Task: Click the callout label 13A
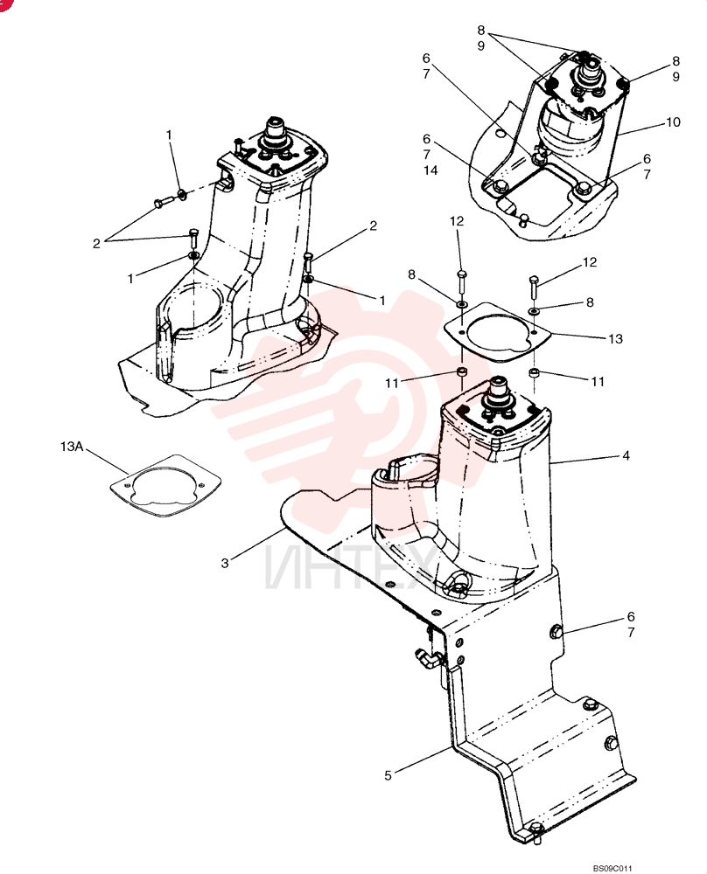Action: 71,447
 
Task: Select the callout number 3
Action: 225,563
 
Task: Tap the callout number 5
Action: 388,775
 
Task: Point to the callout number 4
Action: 626,455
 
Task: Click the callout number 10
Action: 674,122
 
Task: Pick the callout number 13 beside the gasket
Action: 615,339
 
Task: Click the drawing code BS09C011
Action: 612,868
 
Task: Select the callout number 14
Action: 430,170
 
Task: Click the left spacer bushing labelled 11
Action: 462,372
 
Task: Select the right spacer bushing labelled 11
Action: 534,372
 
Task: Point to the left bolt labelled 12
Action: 461,284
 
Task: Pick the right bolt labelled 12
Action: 534,288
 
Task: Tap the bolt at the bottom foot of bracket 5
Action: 536,830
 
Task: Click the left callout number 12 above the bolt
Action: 457,221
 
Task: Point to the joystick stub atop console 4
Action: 498,389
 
